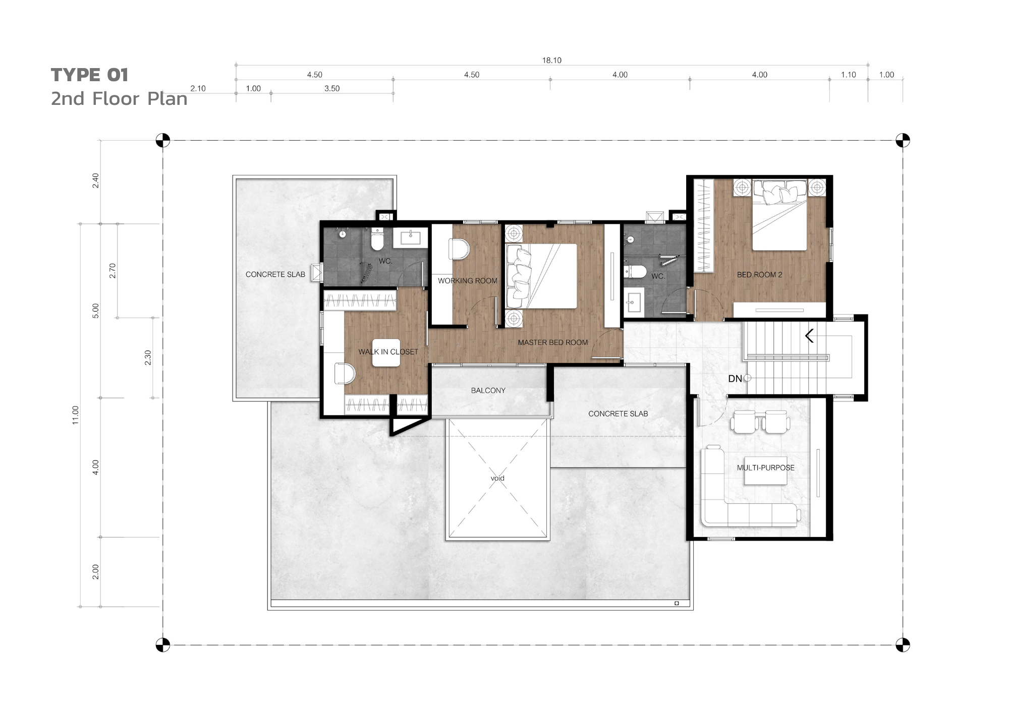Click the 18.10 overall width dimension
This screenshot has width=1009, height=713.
pyautogui.click(x=551, y=61)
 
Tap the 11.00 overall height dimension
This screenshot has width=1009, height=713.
pyautogui.click(x=76, y=415)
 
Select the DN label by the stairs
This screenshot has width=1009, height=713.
pyautogui.click(x=735, y=379)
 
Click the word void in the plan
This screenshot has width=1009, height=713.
pyautogui.click(x=497, y=478)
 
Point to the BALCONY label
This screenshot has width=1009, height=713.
pyautogui.click(x=488, y=390)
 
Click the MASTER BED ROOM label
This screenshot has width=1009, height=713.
pyautogui.click(x=552, y=342)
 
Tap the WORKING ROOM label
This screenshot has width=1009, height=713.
pyautogui.click(x=467, y=281)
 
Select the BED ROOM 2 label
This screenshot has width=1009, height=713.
pyautogui.click(x=759, y=275)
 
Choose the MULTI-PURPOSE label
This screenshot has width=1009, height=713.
pyautogui.click(x=765, y=467)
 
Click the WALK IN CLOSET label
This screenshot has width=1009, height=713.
pyautogui.click(x=388, y=352)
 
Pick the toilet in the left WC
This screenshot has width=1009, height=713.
pyautogui.click(x=377, y=239)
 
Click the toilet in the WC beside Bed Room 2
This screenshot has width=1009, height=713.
pyautogui.click(x=635, y=272)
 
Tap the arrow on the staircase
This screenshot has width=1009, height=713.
pyautogui.click(x=809, y=336)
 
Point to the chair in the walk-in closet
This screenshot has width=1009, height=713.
pyautogui.click(x=345, y=374)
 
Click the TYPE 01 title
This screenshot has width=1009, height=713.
pyautogui.click(x=89, y=75)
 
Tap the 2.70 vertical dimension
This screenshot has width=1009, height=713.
pyautogui.click(x=113, y=271)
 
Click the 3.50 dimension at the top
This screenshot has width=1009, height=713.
pyautogui.click(x=332, y=89)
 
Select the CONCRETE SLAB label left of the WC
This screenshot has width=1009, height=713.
pyautogui.click(x=275, y=274)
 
